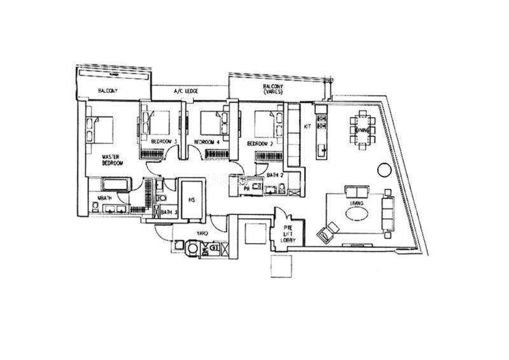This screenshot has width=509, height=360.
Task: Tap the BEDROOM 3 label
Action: pyautogui.click(x=163, y=141)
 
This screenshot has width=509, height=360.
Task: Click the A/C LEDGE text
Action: pyautogui.click(x=185, y=92)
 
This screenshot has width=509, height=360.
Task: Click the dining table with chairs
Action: pyautogui.click(x=363, y=130)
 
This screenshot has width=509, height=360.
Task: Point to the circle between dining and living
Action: pyautogui.click(x=384, y=170)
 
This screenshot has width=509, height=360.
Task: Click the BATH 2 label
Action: pyautogui.click(x=275, y=175)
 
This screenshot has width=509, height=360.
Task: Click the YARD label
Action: pyautogui.click(x=202, y=233)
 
